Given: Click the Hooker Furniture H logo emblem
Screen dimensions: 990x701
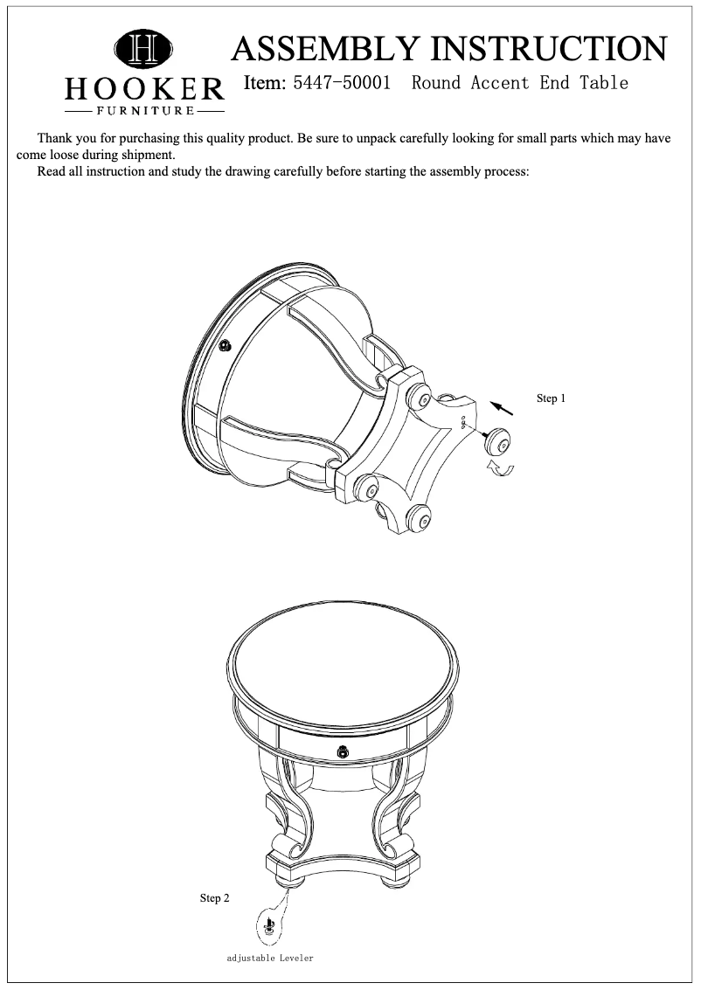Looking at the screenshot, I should [144, 50].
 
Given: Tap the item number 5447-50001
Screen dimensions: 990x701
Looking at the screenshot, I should [343, 84].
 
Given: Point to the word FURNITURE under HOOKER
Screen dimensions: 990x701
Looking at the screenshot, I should [144, 112].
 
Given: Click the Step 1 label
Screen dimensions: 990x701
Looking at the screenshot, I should [551, 398].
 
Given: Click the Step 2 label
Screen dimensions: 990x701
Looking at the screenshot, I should [215, 897].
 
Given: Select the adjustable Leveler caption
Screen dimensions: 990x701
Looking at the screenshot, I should [269, 959].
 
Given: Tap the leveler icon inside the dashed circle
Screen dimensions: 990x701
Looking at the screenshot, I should [270, 924].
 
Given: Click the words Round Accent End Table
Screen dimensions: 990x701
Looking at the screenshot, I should [520, 84].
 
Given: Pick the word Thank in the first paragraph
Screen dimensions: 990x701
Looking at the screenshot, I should [55, 139].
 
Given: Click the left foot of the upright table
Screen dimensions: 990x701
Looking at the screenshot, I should [285, 878].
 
